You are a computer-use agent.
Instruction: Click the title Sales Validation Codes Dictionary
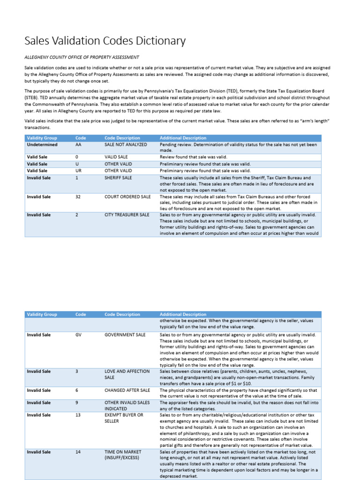[x=105, y=41]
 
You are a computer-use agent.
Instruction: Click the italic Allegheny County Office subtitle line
[x=82, y=57]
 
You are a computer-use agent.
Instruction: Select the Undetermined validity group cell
[x=42, y=145]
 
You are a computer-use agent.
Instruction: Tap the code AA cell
[x=78, y=145]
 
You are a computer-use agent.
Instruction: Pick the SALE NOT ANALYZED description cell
[x=126, y=145]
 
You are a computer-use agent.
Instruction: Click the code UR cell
[x=78, y=171]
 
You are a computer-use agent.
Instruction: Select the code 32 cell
[x=78, y=197]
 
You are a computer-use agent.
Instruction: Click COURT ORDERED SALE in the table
[x=127, y=197]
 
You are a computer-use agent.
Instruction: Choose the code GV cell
[x=78, y=335]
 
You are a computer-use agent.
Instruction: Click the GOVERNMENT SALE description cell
[x=125, y=335]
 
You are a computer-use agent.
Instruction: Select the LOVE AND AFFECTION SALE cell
[x=127, y=374]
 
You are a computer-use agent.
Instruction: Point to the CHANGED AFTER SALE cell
[x=127, y=390]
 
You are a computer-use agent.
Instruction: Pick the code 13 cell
[x=78, y=415]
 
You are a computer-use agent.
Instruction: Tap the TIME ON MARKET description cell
[x=123, y=455]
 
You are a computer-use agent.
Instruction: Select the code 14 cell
[x=78, y=452]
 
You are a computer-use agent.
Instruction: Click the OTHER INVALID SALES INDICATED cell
[x=127, y=405]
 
